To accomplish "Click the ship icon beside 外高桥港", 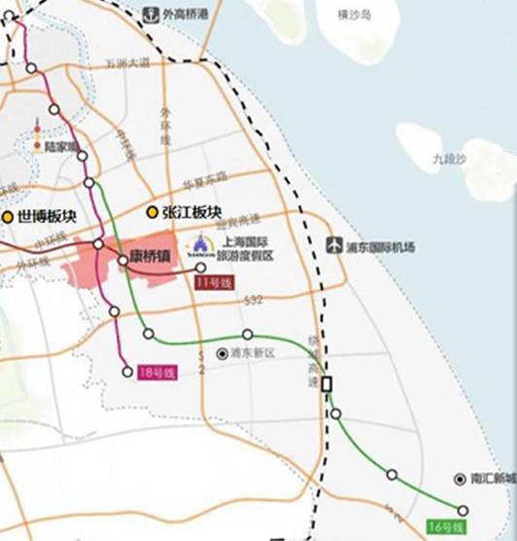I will (151, 15).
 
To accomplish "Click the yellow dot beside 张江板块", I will (152, 212).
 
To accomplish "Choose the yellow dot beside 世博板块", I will (8, 217).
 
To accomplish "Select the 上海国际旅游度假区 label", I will (248, 248).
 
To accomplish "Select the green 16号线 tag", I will (445, 526).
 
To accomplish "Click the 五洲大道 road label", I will (127, 63).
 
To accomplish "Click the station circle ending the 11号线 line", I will (201, 268).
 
